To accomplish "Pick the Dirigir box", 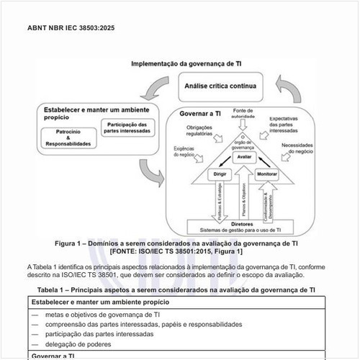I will coord(220,175).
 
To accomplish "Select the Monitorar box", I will coord(267,175).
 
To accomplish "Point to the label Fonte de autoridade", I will coord(243,113).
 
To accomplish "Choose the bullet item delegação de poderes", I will coord(77,343).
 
